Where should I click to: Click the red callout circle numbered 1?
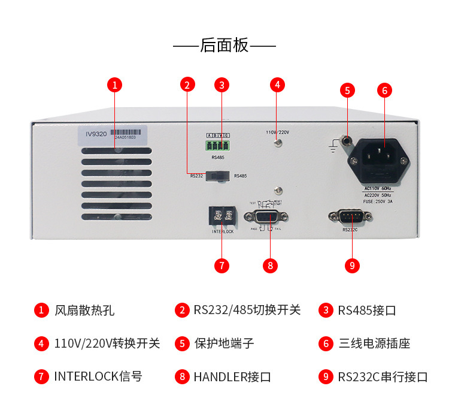pyautogui.click(x=115, y=85)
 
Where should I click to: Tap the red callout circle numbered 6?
pyautogui.click(x=385, y=91)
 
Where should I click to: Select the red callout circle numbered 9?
pyautogui.click(x=353, y=264)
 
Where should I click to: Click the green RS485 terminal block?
pyautogui.click(x=219, y=144)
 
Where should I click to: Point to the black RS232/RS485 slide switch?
pyautogui.click(x=219, y=176)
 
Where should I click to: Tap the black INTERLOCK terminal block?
pyautogui.click(x=222, y=215)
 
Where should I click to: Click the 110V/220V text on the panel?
pyautogui.click(x=278, y=132)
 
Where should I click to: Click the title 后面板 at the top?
pyautogui.click(x=224, y=46)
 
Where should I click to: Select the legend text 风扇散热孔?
pyautogui.click(x=84, y=311)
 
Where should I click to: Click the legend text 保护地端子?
pyautogui.click(x=224, y=343)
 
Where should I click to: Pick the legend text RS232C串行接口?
pyautogui.click(x=383, y=377)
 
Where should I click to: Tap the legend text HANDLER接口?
pyautogui.click(x=232, y=377)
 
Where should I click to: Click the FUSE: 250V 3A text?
pyautogui.click(x=378, y=201)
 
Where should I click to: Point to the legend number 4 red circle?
pyautogui.click(x=41, y=343)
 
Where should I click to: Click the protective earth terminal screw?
pyautogui.click(x=346, y=141)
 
